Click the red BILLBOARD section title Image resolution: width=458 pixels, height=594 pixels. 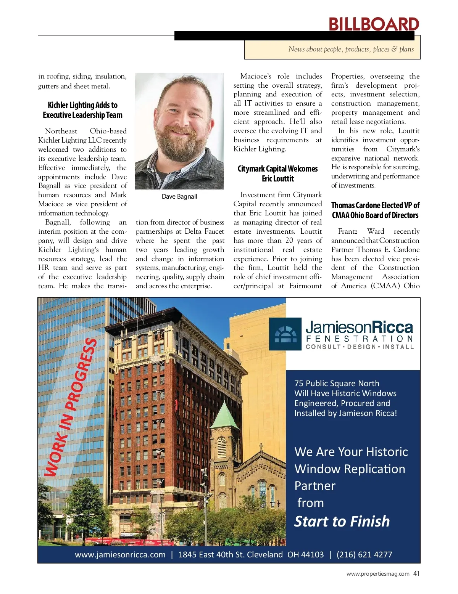point(374,24)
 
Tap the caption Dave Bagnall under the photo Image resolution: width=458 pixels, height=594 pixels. point(179,196)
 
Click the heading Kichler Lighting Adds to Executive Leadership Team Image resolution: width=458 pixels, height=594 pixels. point(82,110)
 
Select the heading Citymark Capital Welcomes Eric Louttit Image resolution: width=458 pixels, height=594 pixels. point(277,173)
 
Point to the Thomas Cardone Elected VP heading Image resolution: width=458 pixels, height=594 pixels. point(375,210)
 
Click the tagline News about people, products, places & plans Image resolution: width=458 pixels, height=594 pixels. point(351,49)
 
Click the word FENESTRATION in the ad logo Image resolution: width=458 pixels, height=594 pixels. point(360,339)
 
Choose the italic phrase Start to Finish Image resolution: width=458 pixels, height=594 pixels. point(342,521)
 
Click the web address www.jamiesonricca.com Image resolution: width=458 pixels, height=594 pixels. point(120,555)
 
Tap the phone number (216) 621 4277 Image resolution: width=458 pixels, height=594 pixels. point(364,555)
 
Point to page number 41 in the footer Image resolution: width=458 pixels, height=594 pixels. point(416,573)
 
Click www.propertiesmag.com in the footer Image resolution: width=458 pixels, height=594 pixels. point(378,574)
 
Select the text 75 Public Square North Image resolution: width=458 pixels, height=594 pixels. point(337,384)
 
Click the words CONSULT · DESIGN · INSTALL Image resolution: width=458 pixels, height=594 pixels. point(360,347)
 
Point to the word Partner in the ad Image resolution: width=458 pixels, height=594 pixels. point(315,486)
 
